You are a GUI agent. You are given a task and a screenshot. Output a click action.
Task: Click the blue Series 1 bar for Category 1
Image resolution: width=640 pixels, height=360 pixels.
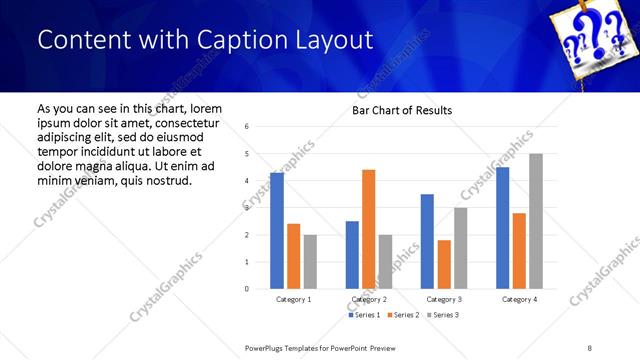277,231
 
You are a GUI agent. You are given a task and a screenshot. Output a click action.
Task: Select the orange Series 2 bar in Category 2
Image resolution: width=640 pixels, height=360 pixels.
368,229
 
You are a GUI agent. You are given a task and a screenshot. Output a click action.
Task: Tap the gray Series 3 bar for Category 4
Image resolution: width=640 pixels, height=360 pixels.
535,221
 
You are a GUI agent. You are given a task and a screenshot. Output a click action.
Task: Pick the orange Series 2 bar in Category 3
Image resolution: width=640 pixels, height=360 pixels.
444,264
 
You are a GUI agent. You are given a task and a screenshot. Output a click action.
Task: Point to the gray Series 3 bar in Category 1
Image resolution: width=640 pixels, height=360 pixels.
310,262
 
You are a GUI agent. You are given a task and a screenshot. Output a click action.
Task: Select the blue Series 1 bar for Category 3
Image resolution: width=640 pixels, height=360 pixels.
427,241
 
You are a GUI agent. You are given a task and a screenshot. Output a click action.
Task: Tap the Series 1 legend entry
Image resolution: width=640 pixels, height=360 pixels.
364,315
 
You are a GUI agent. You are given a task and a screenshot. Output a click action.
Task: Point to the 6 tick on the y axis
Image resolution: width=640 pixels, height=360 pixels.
247,127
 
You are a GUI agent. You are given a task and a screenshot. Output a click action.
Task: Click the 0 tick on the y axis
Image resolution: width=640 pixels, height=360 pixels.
247,289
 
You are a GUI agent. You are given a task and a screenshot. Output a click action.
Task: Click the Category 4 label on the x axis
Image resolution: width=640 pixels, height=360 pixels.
519,299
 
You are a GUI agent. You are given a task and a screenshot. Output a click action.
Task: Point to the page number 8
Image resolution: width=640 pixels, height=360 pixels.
589,348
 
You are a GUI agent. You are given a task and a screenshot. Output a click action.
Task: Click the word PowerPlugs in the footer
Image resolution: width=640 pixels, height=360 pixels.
268,348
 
